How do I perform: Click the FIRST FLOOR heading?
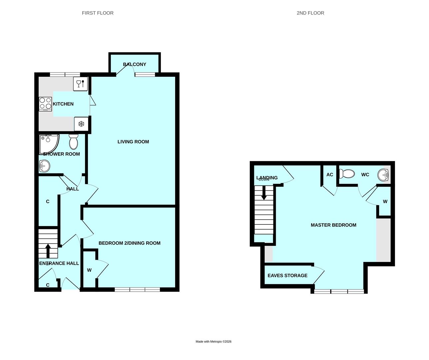(x=98, y=13)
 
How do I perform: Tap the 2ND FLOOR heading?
(x=310, y=13)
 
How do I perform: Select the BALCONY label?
(x=135, y=64)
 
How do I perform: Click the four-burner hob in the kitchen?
(x=45, y=104)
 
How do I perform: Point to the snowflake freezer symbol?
(x=81, y=124)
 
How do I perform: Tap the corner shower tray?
(x=48, y=143)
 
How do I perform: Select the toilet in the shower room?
(x=74, y=142)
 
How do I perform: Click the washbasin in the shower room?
(x=44, y=165)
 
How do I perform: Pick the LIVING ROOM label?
(x=133, y=142)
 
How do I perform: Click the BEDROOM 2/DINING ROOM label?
(x=129, y=243)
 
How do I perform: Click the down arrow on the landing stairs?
(x=264, y=193)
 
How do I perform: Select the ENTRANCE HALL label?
(x=59, y=263)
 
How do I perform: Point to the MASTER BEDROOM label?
(x=333, y=225)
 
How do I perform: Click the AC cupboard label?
(x=329, y=175)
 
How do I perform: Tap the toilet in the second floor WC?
(x=347, y=174)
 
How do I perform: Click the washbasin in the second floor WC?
(x=383, y=174)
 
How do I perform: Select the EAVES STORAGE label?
(x=287, y=276)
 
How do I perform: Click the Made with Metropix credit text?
(x=213, y=341)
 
